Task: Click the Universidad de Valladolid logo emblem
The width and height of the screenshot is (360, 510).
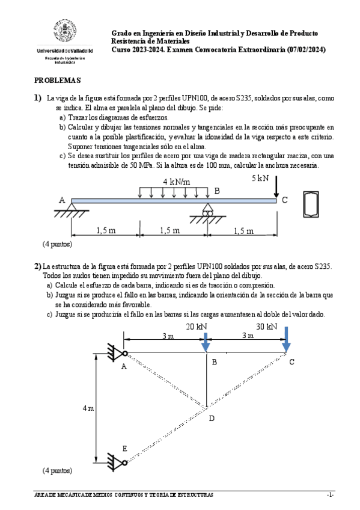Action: pyautogui.click(x=65, y=34)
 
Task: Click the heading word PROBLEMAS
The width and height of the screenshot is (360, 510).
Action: pyautogui.click(x=57, y=80)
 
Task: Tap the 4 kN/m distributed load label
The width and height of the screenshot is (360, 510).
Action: pyautogui.click(x=177, y=182)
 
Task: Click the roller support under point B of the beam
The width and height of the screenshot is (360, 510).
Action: pyautogui.click(x=208, y=211)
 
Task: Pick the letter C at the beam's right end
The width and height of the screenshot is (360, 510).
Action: pyautogui.click(x=285, y=200)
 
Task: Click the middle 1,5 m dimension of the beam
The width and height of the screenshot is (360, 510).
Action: pyautogui.click(x=174, y=230)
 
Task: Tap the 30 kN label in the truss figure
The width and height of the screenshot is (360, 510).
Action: pyautogui.click(x=266, y=327)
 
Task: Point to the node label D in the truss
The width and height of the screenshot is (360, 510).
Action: pyautogui.click(x=211, y=418)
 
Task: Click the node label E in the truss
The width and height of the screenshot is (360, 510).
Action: pyautogui.click(x=124, y=449)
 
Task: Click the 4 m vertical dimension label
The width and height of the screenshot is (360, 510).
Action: pyautogui.click(x=88, y=408)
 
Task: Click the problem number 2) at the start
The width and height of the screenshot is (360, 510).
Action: pyautogui.click(x=37, y=266)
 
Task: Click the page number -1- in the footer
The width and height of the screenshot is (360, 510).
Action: pyautogui.click(x=329, y=495)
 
